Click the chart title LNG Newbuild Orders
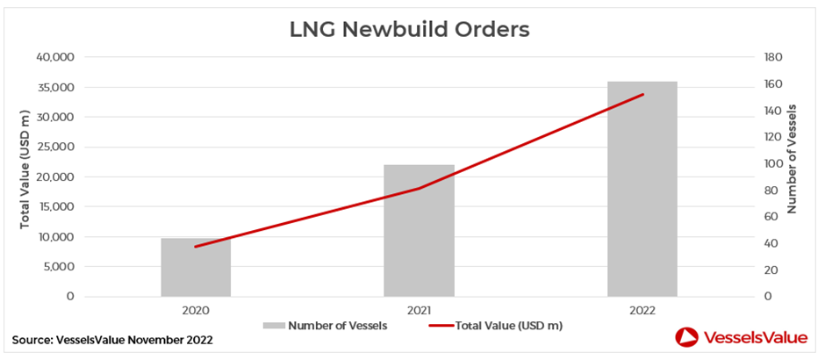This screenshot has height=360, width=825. click(409, 30)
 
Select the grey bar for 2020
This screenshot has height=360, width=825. click(196, 268)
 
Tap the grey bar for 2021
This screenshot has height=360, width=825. click(419, 231)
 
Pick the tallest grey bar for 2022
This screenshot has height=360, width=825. click(642, 189)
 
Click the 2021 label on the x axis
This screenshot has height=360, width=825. click(419, 311)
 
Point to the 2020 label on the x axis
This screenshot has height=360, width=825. click(196, 311)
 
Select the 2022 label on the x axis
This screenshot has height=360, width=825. click(642, 311)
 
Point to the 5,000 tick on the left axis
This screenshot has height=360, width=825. click(60, 267)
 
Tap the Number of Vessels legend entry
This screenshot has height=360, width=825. click(325, 326)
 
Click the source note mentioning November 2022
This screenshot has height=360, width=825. click(112, 340)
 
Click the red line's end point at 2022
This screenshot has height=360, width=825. click(643, 94)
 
